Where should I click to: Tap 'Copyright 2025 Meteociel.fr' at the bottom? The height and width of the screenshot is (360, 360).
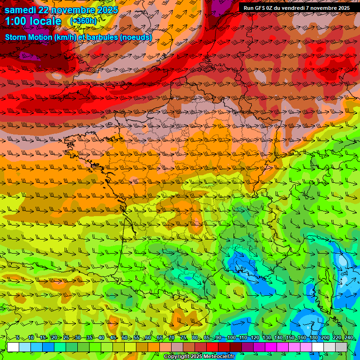point(199,356)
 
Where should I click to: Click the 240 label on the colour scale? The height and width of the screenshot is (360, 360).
point(348,337)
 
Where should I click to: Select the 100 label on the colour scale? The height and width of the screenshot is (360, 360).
point(231,337)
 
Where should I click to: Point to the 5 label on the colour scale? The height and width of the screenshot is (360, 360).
point(17,337)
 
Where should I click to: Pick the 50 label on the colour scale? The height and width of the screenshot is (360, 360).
point(125,337)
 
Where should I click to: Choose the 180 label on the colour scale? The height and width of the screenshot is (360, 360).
point(313,337)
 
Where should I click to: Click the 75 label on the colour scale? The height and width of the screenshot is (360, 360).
point(183,337)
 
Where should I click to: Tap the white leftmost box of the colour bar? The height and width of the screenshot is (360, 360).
point(13,347)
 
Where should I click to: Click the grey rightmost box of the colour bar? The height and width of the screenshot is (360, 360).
point(341,347)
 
